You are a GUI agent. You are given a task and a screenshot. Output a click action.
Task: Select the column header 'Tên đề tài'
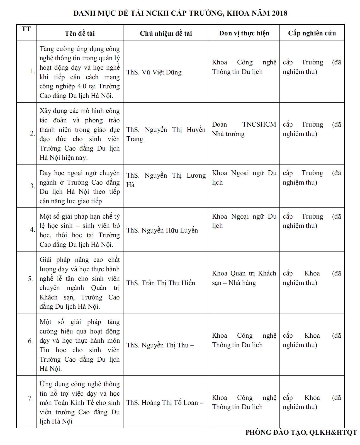coord(80,33)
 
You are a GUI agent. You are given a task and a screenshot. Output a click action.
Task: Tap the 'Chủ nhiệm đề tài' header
coord(166,33)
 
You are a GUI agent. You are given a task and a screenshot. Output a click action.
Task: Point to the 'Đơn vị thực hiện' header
coord(244,33)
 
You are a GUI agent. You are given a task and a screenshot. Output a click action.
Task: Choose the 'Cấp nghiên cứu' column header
coord(312,33)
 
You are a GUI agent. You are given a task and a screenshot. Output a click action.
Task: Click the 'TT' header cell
coord(26,29)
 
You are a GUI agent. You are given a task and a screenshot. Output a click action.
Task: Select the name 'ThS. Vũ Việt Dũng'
coord(154,72)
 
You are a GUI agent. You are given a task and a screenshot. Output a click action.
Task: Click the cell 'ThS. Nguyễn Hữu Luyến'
coord(162,230)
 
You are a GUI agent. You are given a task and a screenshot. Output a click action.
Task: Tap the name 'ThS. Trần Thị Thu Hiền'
coord(160,283)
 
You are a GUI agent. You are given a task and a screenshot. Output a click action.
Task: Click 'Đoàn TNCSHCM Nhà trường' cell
coord(244,129)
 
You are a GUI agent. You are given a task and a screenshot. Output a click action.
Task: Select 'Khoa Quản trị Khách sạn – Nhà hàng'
coord(244,278)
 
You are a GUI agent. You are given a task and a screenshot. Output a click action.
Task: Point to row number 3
coord(32,186)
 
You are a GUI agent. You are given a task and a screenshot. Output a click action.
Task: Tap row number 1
coord(32,71)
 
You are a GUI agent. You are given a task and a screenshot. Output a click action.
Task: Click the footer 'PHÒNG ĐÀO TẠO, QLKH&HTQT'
coord(301,432)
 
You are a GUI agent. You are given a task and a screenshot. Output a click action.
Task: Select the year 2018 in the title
coord(279,13)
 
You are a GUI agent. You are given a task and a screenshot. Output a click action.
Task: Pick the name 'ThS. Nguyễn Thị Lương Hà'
coord(166,180)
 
